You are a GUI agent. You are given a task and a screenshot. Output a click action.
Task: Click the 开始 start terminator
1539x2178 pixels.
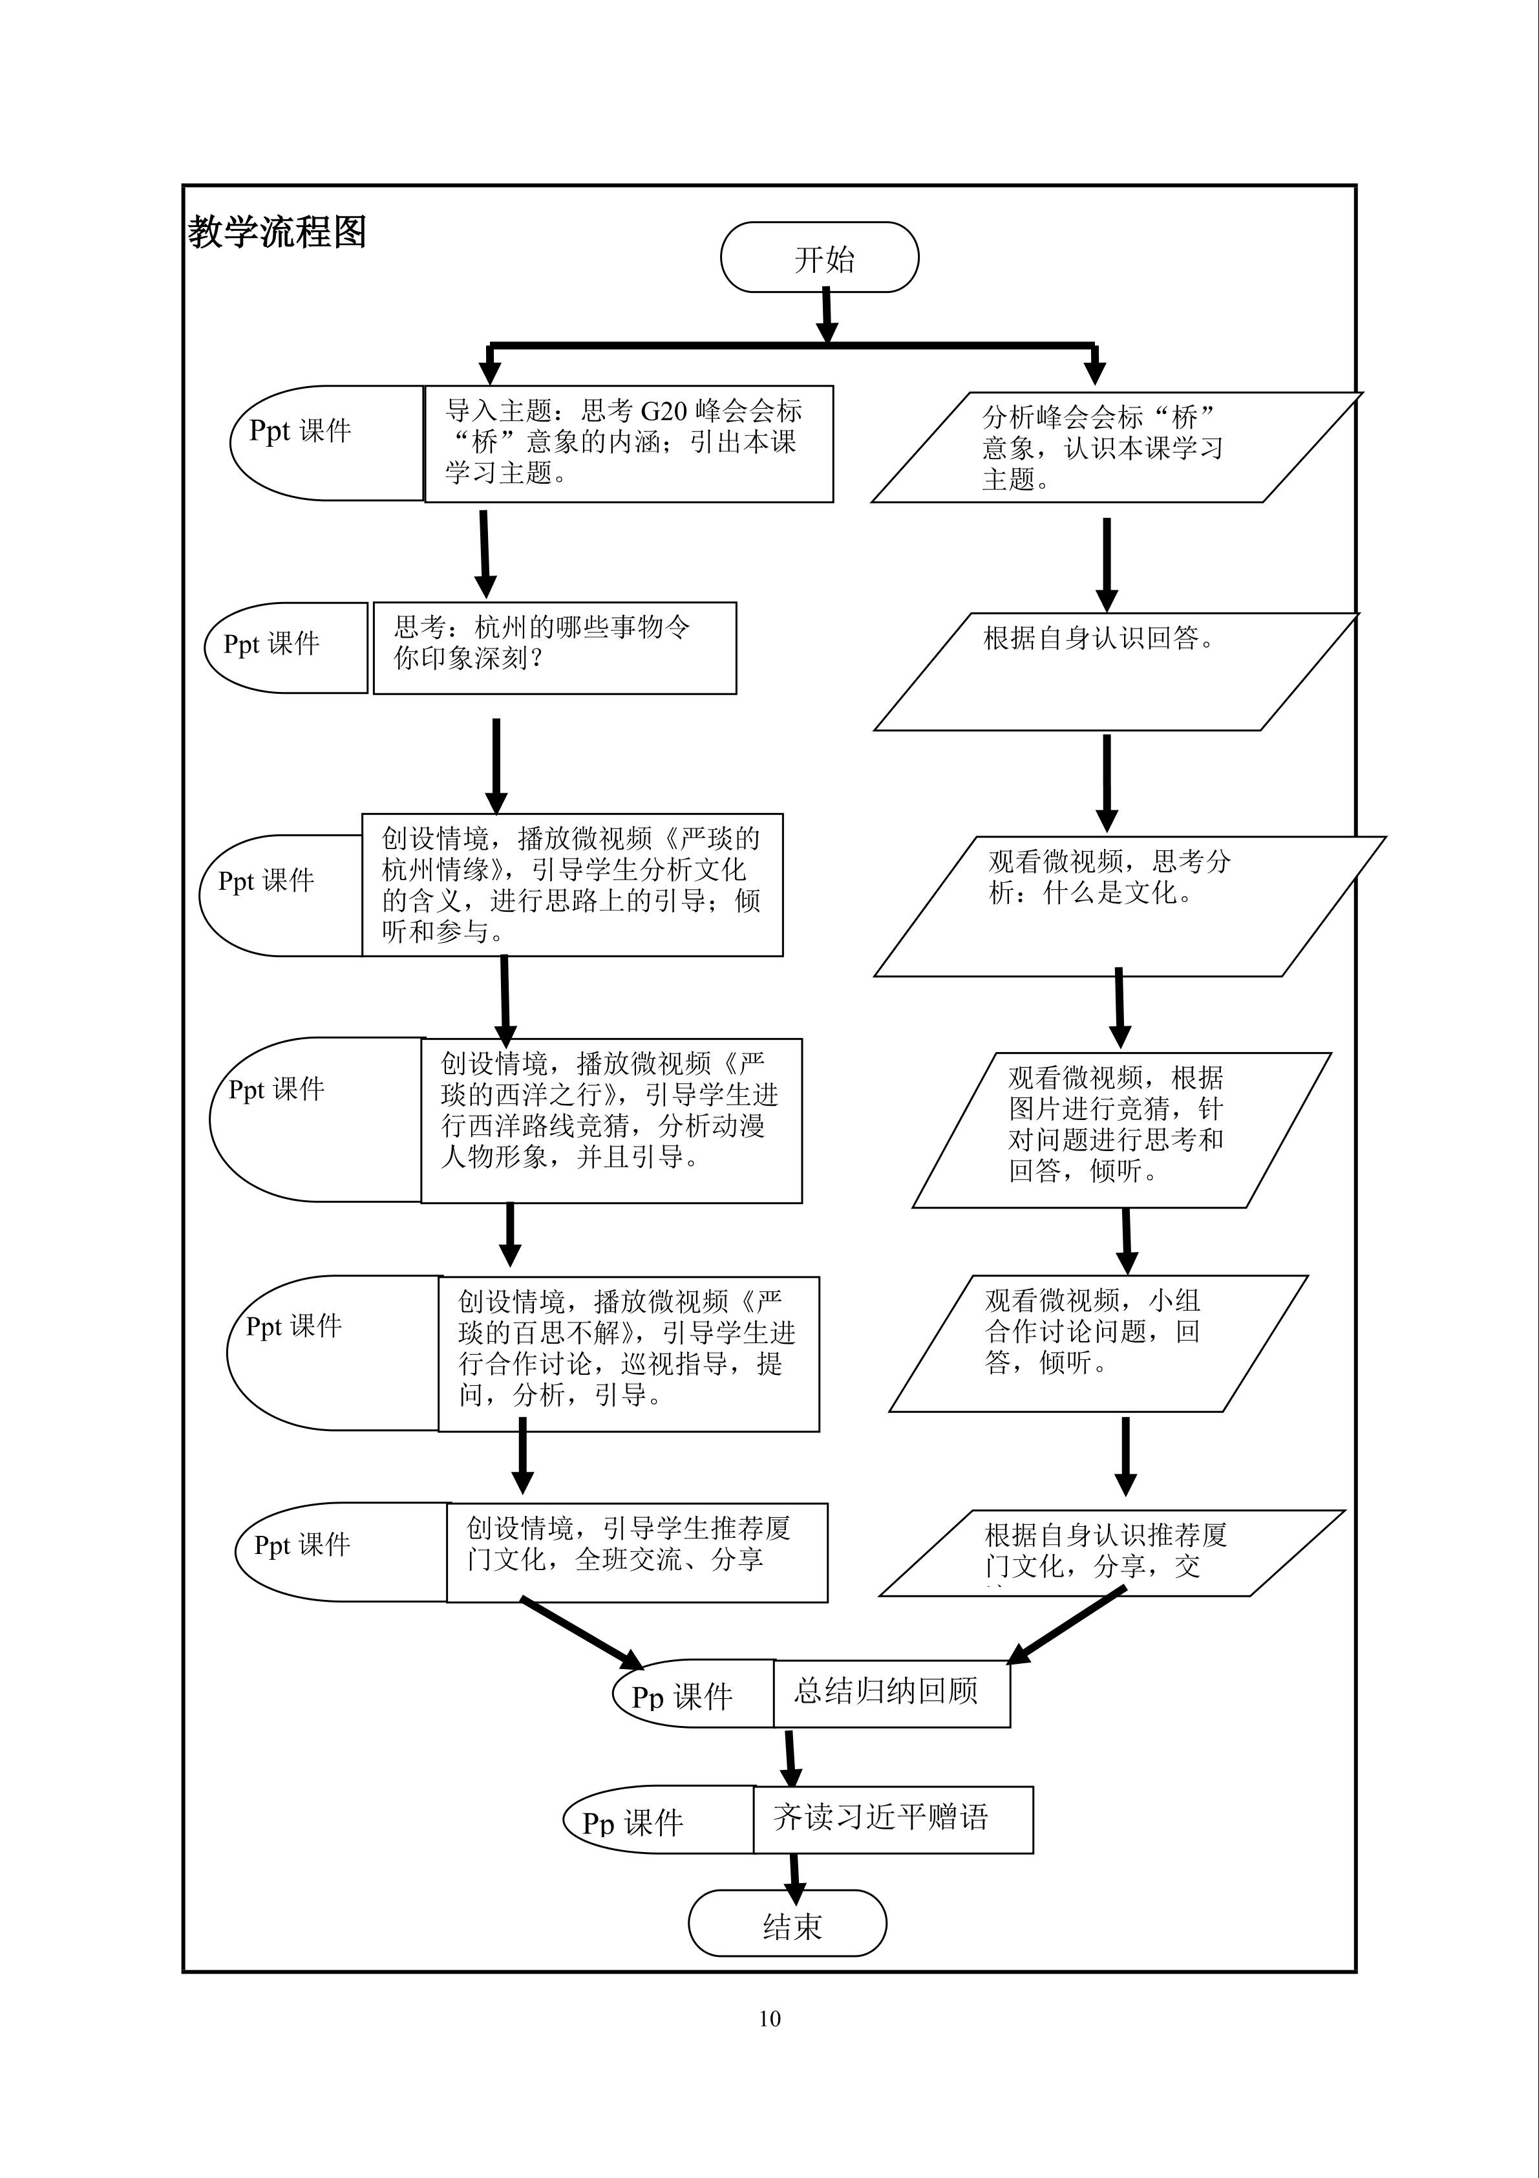(x=820, y=257)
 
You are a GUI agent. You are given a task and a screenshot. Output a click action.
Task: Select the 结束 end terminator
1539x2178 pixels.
(x=787, y=1922)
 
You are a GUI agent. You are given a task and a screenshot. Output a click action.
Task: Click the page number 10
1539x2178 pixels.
(x=769, y=2019)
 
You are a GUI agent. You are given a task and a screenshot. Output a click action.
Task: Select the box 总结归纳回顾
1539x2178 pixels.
(x=891, y=1692)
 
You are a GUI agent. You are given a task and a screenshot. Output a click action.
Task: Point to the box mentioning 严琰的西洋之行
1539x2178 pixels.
(x=611, y=1119)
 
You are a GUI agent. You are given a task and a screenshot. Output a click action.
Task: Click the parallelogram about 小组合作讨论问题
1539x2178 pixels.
(x=1098, y=1342)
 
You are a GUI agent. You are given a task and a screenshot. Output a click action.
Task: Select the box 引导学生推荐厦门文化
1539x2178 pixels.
(x=636, y=1552)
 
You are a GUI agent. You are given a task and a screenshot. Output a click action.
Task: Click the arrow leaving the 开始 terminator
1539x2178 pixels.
(x=826, y=315)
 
